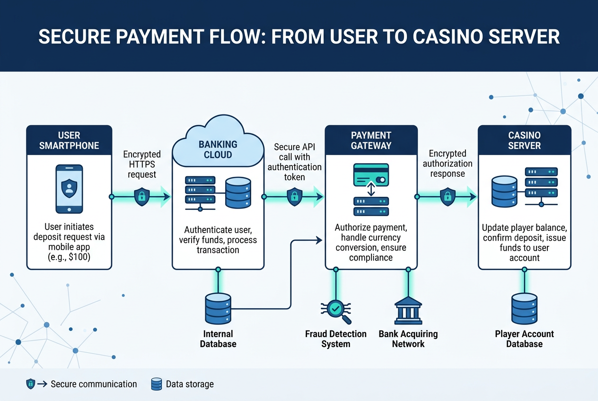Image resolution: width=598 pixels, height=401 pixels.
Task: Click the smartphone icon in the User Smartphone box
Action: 69,189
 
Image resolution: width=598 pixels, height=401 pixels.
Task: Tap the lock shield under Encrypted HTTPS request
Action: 142,197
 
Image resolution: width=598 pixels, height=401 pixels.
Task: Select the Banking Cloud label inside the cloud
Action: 218,149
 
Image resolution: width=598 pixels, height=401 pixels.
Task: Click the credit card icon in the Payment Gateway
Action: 371,175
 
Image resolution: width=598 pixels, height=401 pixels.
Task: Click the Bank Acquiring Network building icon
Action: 408,310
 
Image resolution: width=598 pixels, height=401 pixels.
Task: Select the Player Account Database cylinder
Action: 524,309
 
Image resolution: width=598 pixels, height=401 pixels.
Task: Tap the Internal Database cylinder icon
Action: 218,309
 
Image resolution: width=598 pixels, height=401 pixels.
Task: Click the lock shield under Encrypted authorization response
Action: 448,197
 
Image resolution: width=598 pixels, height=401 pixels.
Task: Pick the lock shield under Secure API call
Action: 294,197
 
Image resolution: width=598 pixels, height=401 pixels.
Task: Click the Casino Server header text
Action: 524,140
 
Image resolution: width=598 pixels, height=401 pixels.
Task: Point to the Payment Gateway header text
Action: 371,140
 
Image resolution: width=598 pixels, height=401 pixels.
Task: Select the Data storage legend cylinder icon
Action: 157,384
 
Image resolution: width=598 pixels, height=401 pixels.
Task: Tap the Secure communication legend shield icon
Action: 31,384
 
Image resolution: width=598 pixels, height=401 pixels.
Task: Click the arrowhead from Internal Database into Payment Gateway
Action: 319,240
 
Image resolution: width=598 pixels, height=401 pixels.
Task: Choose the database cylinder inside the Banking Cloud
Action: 238,192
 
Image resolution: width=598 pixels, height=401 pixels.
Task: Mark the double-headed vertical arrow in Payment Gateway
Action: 371,189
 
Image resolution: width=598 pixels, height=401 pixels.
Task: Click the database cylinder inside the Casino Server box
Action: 504,192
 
